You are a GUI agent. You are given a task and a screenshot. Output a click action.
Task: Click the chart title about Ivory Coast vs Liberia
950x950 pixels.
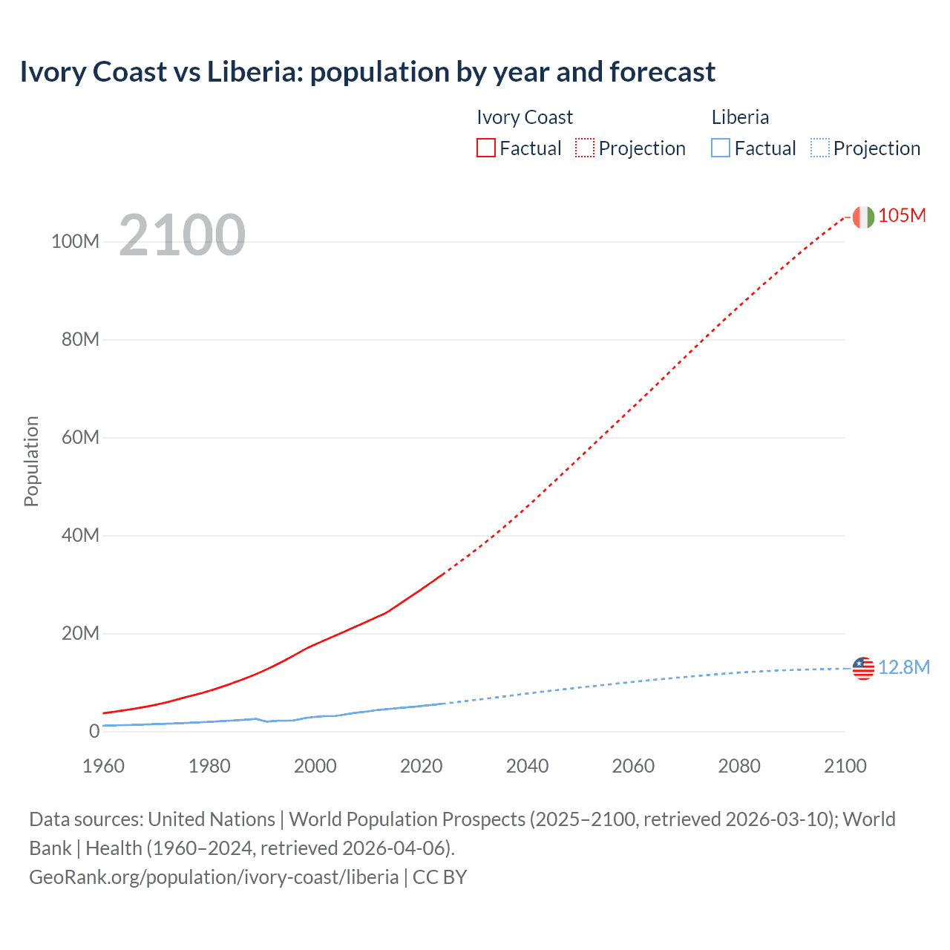pos(367,72)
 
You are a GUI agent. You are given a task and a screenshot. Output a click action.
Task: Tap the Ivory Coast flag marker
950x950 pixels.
pos(863,217)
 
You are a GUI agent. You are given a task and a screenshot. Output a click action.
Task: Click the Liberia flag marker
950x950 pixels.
pos(863,668)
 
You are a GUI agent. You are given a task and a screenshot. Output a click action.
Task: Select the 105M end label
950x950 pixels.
pos(902,215)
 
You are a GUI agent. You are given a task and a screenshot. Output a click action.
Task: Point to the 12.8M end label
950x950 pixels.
pos(904,667)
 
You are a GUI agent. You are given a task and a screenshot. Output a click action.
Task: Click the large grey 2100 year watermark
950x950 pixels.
pos(182,235)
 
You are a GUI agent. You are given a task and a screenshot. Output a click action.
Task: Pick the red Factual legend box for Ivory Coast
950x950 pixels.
pos(486,148)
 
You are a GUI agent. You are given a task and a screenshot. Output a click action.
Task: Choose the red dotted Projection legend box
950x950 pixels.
pos(585,148)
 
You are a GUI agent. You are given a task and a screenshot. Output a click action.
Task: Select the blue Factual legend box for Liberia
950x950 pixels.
pos(721,148)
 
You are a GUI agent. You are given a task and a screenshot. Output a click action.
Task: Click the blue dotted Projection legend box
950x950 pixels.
pos(819,148)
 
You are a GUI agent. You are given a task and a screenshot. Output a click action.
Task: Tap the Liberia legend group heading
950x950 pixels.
pos(740,117)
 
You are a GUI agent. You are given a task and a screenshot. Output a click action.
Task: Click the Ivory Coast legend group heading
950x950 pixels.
pos(525,117)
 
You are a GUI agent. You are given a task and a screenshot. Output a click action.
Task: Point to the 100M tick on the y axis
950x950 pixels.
pos(75,242)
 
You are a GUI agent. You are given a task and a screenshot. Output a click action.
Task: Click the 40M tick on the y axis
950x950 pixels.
pos(79,536)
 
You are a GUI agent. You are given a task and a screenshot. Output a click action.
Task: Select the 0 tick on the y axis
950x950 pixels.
pos(94,732)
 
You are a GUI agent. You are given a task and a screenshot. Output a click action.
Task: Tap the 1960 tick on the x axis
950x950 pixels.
pos(103,766)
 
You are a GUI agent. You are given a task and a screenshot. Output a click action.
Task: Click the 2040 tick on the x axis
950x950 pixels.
pos(527,766)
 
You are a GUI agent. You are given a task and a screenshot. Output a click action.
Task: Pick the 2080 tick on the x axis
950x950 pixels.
pos(739,766)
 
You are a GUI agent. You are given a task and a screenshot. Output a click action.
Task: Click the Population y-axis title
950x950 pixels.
pos(31,461)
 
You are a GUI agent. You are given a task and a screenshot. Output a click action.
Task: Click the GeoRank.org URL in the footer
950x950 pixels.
pos(214,877)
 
